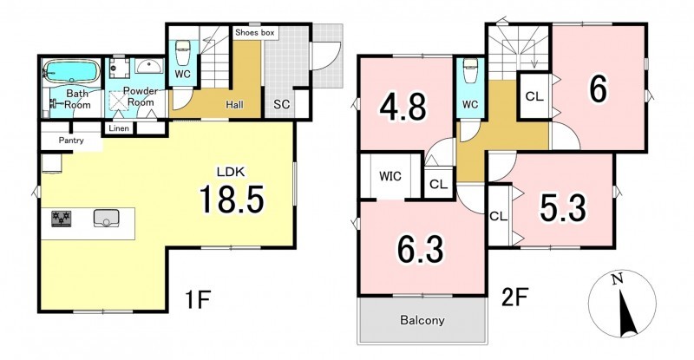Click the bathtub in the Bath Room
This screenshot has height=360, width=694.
(x=71, y=71)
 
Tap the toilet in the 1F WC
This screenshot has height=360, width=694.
(x=182, y=53)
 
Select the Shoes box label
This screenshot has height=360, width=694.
(x=255, y=33)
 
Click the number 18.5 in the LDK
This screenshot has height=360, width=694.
(x=232, y=199)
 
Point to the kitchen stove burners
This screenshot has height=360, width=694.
(x=61, y=219)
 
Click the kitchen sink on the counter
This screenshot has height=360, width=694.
(x=106, y=219)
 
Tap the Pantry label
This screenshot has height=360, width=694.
(x=71, y=141)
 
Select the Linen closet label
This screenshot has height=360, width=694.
(x=119, y=128)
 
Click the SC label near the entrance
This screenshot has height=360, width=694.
(x=281, y=104)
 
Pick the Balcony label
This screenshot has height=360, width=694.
(x=422, y=320)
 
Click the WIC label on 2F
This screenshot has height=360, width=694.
(x=390, y=176)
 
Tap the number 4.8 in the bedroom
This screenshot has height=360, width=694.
(x=403, y=107)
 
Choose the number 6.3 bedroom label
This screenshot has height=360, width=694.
(x=420, y=248)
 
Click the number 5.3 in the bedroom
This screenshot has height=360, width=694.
(x=563, y=207)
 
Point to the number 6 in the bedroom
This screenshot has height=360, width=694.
(x=598, y=89)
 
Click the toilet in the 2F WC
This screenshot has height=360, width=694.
(x=470, y=69)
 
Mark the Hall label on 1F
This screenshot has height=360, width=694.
(x=234, y=105)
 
